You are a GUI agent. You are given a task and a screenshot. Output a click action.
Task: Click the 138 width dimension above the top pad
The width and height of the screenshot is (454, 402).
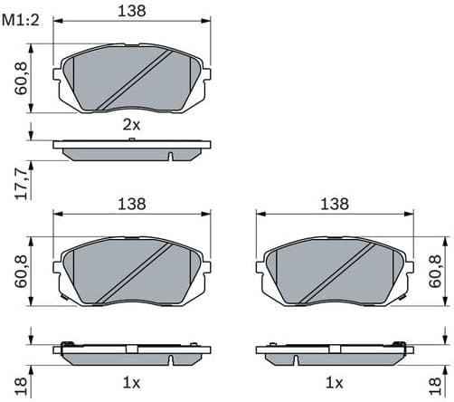tap(134, 10)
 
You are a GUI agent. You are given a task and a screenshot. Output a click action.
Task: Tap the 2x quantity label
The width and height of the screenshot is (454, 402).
tap(133, 126)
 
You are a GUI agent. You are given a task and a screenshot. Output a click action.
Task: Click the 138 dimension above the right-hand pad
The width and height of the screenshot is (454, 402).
tap(336, 205)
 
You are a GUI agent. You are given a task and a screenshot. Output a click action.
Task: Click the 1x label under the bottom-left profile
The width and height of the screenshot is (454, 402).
tap(131, 382)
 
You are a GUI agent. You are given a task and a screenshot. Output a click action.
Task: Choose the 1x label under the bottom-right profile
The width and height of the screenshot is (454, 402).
tap(336, 382)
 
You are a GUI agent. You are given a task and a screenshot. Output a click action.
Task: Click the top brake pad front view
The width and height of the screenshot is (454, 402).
tap(133, 79)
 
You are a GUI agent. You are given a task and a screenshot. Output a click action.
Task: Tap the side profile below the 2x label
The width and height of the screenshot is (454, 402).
tap(133, 148)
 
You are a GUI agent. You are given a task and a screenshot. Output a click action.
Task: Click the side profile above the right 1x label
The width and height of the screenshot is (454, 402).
tap(336, 351)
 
